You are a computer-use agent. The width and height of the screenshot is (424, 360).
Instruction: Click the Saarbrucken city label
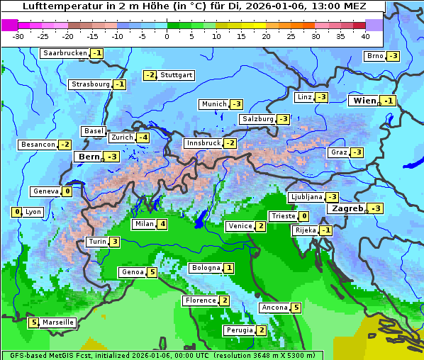coord(65,53)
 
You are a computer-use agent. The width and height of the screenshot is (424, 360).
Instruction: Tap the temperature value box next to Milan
coord(162,225)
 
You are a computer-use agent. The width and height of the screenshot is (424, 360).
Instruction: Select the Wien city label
coord(364,101)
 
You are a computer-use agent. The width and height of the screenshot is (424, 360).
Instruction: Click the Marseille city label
coord(58,322)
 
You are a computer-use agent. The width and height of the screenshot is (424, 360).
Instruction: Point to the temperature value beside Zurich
coord(143,137)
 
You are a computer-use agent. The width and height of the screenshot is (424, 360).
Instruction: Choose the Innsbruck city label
coord(203,143)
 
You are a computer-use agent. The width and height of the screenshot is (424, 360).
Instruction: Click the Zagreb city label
coord(347,208)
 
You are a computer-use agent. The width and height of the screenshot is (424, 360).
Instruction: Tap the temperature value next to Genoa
coord(152,272)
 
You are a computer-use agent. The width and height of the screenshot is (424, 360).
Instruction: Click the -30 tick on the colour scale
coord(18,35)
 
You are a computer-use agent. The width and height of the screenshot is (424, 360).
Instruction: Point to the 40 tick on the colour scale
coord(365,35)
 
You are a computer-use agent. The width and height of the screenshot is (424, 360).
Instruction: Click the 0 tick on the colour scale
coord(167,35)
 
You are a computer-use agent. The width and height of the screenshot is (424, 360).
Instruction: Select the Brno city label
coord(374,56)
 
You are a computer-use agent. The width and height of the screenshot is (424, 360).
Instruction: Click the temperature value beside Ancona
coord(296,308)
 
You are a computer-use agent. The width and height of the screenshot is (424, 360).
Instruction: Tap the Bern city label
coord(89,157)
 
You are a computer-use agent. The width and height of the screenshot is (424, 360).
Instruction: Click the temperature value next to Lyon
coord(17,212)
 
